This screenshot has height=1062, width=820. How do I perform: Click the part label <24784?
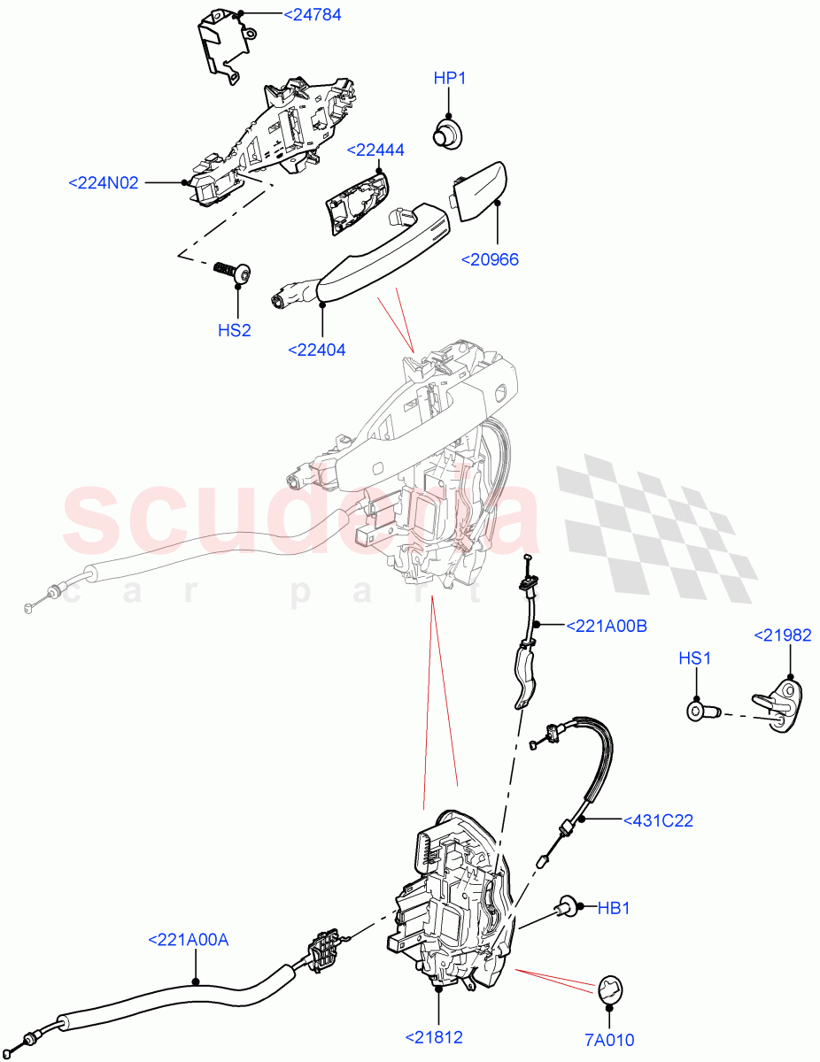coord(287,15)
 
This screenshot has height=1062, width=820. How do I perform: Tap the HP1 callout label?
coord(450,79)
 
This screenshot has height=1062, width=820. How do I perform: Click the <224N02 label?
coord(104,183)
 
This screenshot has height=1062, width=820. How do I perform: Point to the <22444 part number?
coord(375,150)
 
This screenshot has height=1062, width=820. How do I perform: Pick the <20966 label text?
coord(490,259)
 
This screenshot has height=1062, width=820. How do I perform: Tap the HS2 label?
coord(235,331)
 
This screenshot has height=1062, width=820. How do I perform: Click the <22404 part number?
coord(317,350)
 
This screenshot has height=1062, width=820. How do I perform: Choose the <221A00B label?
coord(606,626)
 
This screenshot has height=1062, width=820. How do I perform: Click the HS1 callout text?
coord(695,658)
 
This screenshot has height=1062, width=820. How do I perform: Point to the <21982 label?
coord(782,635)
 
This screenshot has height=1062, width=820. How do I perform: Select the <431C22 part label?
coord(658,820)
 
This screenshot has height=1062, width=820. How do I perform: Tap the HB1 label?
coord(613,908)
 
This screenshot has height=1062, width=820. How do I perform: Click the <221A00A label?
coord(188,940)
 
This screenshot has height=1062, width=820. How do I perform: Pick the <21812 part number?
coord(434,1037)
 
